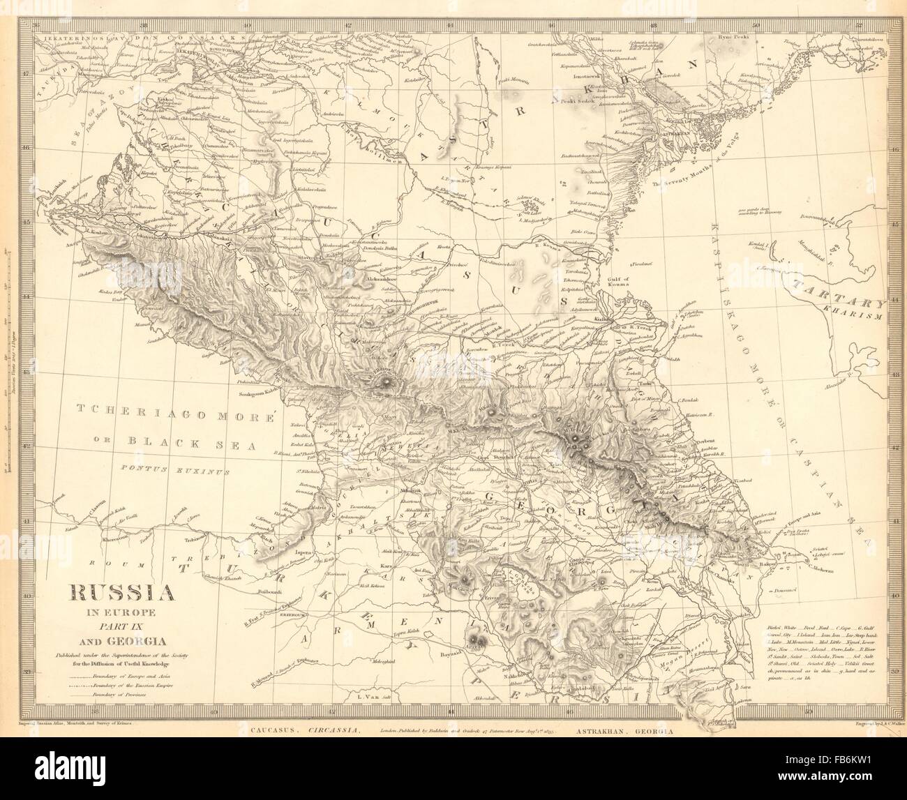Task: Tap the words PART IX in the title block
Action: pyautogui.click(x=120, y=626)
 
